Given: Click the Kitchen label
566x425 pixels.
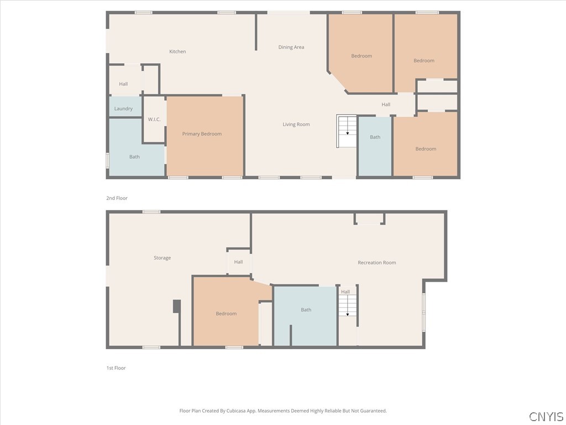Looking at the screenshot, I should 177,51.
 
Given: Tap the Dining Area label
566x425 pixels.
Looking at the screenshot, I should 291,47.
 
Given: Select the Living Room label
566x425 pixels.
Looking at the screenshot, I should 296,125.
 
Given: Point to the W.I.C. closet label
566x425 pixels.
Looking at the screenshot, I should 154,120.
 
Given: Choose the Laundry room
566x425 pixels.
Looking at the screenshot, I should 123,108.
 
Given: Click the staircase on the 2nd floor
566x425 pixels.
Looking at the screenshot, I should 347,131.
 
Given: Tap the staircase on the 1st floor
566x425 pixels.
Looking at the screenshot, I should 348,305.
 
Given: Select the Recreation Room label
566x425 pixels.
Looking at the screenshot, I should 377,262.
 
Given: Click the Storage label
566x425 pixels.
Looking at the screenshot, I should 162,258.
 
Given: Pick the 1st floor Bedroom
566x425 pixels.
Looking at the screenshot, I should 226,313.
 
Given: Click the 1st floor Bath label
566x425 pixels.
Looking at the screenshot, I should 306,310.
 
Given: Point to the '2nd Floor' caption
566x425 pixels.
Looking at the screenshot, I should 117,198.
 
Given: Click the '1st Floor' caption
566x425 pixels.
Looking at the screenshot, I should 116,368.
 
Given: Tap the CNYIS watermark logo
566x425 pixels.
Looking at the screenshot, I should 546,417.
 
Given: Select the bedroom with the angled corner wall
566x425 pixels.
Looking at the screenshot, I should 361,55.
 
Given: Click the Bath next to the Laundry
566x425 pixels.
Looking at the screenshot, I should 134,157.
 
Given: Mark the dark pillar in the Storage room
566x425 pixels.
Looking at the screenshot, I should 177,306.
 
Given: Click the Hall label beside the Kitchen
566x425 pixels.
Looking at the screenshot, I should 123,84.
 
